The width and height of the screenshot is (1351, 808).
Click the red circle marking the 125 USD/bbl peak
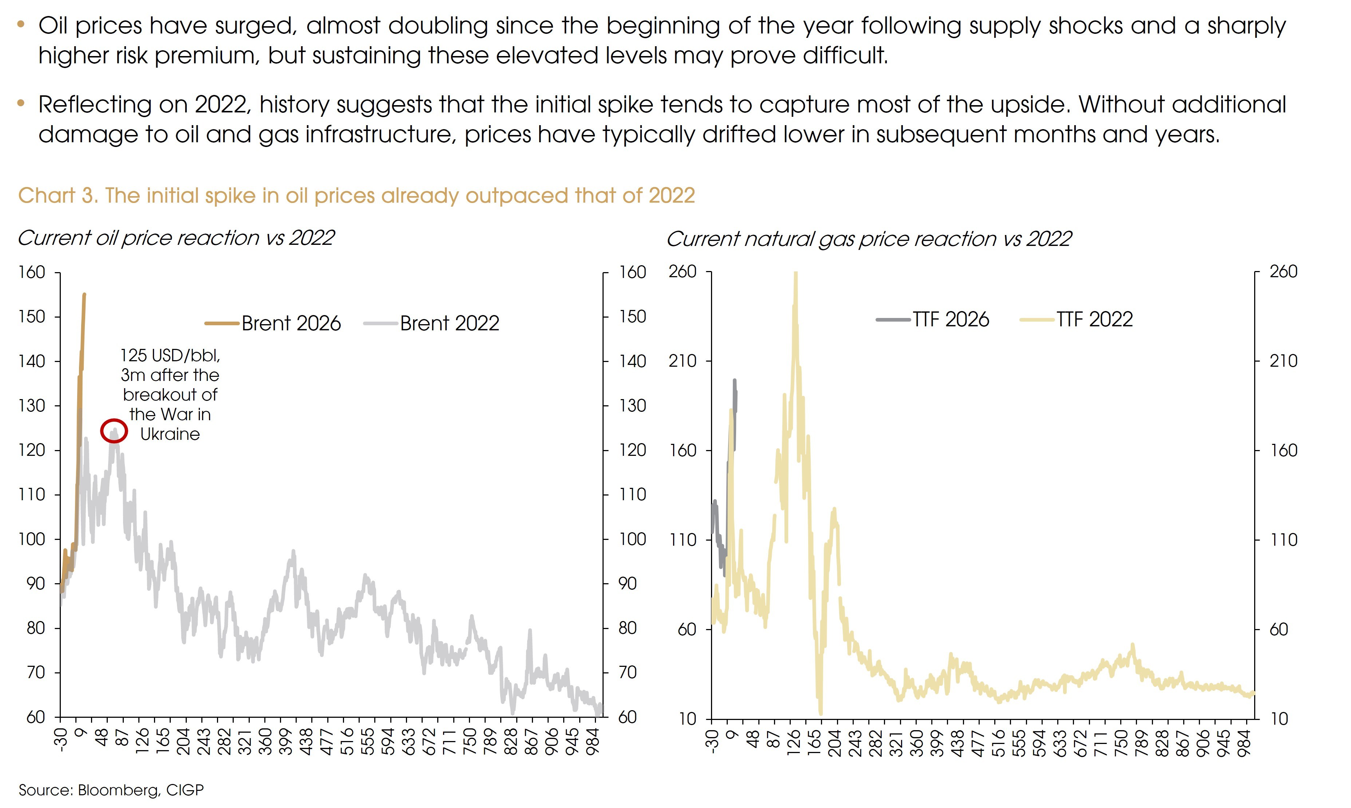(x=114, y=431)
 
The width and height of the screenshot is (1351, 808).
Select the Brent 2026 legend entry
(x=272, y=323)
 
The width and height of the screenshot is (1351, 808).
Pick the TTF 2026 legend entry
(x=933, y=320)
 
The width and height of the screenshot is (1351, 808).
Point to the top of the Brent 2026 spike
(x=84, y=295)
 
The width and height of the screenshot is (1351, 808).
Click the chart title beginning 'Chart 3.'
(x=356, y=195)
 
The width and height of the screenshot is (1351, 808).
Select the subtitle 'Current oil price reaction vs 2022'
(x=175, y=238)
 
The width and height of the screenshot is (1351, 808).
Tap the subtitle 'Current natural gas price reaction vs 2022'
(x=869, y=239)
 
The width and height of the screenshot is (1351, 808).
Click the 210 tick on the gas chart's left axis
(x=683, y=361)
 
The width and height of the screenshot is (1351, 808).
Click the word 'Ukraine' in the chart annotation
(x=170, y=434)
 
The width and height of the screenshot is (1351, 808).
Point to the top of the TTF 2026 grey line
(x=734, y=381)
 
